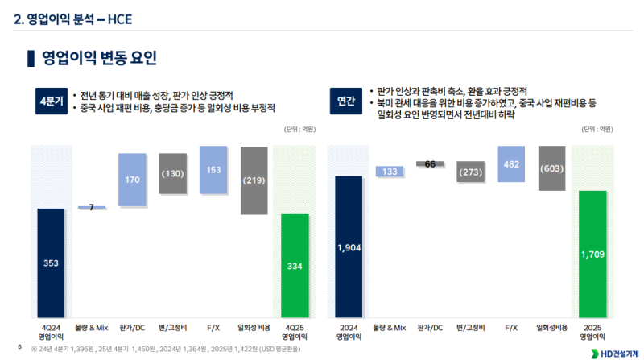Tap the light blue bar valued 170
[x=132, y=180]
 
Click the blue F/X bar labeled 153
[x=213, y=170]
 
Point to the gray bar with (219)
[x=254, y=180]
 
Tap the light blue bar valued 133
[x=389, y=172]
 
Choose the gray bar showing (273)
[x=470, y=172]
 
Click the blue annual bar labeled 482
[x=511, y=164]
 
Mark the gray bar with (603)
[x=551, y=168]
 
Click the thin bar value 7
[x=92, y=207]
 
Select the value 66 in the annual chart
[x=430, y=164]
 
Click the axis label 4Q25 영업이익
[x=295, y=331]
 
